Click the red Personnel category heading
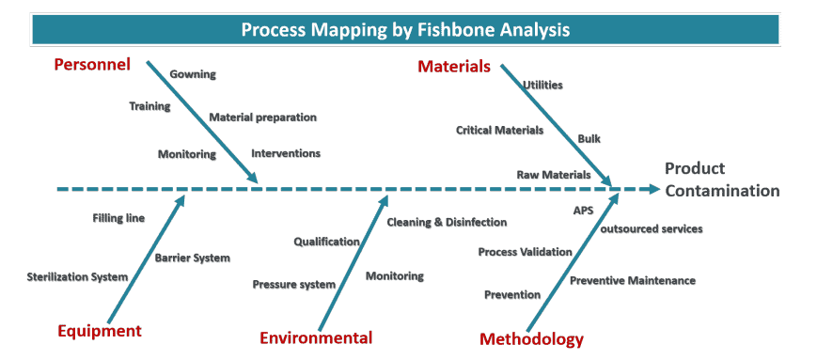tap(91, 65)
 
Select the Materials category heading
tap(454, 67)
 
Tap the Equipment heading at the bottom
tap(100, 331)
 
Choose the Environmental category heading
tap(316, 338)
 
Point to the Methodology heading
tap(531, 339)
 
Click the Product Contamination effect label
tap(721, 180)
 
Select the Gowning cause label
tap(193, 74)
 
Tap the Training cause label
tap(149, 106)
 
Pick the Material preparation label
tap(262, 117)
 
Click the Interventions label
tap(286, 153)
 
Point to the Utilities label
tap(542, 85)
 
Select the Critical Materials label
tap(499, 130)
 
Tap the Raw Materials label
tap(554, 175)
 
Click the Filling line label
tap(118, 218)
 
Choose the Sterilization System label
tap(77, 276)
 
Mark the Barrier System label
tap(192, 257)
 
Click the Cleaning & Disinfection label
tap(447, 222)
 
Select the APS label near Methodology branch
tap(583, 211)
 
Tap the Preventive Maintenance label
tap(633, 280)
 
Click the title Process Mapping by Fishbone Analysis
tap(405, 29)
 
